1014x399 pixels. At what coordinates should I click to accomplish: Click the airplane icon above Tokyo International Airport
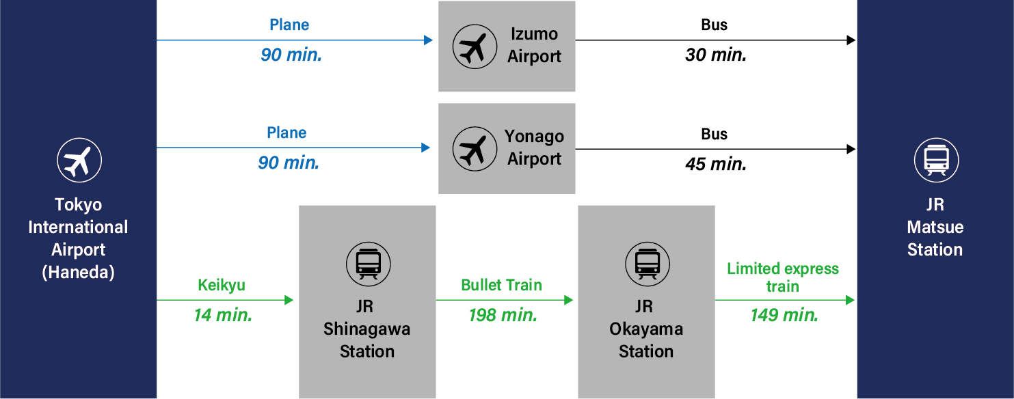click(79, 161)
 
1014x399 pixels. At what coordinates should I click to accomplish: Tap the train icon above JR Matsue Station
click(936, 161)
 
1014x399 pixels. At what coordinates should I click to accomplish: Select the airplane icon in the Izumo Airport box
click(475, 47)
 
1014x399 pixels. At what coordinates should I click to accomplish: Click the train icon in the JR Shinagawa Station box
click(368, 263)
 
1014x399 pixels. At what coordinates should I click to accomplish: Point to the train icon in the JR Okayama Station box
click(647, 263)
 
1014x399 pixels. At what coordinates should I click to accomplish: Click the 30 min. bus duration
click(716, 55)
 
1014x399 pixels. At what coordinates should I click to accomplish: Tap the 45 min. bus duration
click(716, 164)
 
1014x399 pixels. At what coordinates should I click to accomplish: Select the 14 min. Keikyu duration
click(223, 315)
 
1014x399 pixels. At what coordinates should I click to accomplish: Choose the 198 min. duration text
click(503, 315)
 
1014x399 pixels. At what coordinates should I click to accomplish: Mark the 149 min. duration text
click(784, 315)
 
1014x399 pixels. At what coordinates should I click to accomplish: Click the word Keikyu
click(221, 286)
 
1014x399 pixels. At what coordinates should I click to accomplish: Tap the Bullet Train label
click(501, 285)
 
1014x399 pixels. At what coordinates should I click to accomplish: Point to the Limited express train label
click(783, 277)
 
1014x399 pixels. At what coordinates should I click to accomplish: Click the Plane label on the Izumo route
click(289, 25)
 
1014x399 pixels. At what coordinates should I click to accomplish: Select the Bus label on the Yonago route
click(714, 134)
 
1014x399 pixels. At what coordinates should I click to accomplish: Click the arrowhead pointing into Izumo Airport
click(429, 40)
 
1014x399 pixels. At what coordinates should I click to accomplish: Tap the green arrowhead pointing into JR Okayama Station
click(569, 300)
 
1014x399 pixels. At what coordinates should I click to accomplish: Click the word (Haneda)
click(78, 272)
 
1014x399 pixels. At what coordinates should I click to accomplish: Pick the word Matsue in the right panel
click(935, 227)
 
